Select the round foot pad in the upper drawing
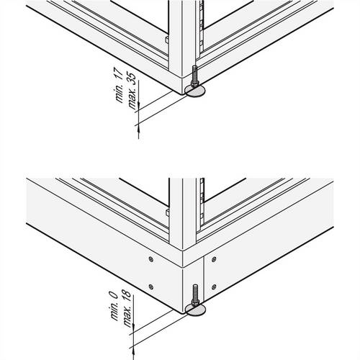(x=195, y=89)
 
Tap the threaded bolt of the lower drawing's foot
(x=194, y=296)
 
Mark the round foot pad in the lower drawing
(x=195, y=310)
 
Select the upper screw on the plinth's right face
(x=212, y=256)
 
